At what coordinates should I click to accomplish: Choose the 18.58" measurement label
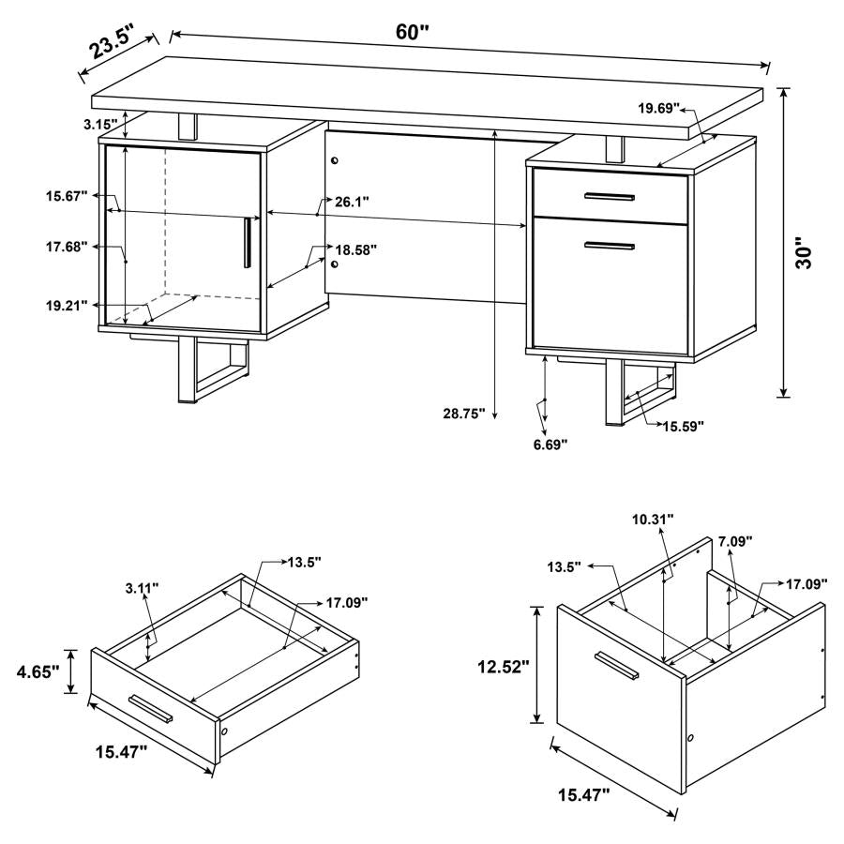(356, 249)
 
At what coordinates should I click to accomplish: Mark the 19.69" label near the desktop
(660, 109)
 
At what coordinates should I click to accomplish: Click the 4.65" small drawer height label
(37, 671)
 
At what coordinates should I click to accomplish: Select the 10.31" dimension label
(651, 518)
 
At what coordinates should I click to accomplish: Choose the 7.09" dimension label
(735, 541)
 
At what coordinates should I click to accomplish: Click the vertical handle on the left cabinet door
(246, 242)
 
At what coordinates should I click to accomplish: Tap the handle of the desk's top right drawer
(609, 196)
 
